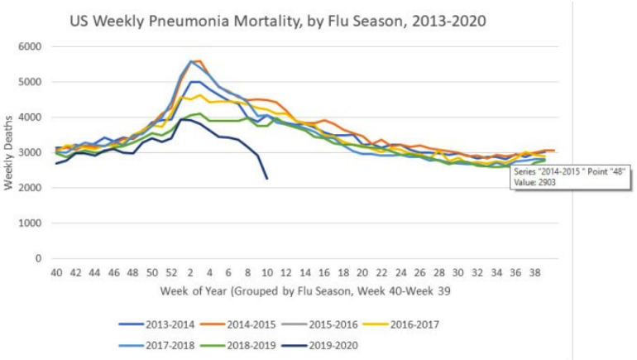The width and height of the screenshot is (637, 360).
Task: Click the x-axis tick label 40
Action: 57,272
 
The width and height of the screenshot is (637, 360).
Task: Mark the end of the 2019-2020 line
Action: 266,179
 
